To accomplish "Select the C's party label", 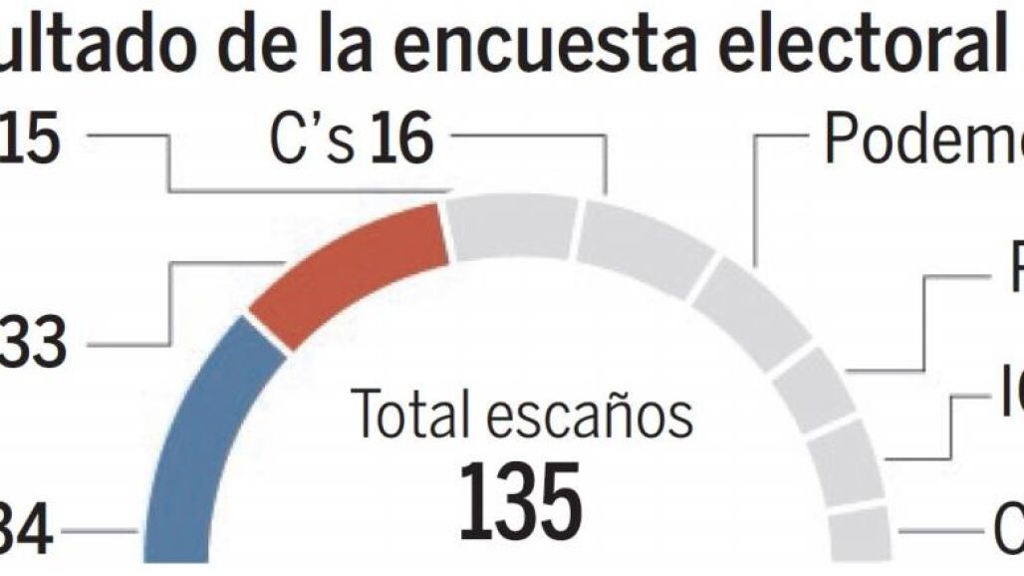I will pyautogui.click(x=312, y=143).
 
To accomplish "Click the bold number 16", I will pyautogui.click(x=401, y=143).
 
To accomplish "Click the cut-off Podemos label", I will pyautogui.click(x=921, y=143).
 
